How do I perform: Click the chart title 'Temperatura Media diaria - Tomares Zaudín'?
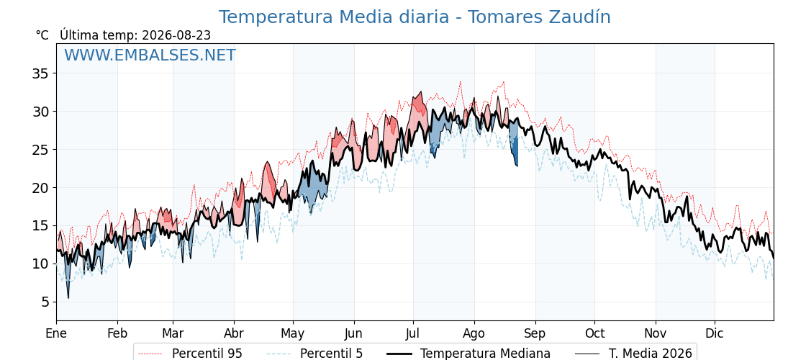(x=415, y=17)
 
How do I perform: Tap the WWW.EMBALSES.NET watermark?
(x=150, y=55)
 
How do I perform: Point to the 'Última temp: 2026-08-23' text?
(x=135, y=35)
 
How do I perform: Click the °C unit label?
(x=42, y=35)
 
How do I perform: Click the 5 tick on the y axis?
(x=44, y=302)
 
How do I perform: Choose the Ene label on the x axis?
(x=56, y=333)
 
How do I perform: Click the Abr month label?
(x=234, y=333)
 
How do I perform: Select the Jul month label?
(x=413, y=333)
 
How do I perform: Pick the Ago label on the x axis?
(x=474, y=334)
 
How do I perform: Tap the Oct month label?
(x=594, y=333)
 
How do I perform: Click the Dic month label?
(x=715, y=333)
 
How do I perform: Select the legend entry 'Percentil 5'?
(x=315, y=354)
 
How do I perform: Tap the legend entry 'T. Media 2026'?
(x=634, y=354)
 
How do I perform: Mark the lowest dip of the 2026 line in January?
(x=68, y=298)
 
